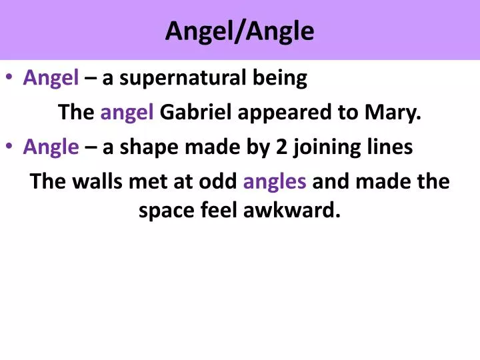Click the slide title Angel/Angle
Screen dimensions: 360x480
pos(239,31)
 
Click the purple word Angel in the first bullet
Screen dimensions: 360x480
pos(51,79)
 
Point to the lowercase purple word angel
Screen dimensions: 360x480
pos(127,113)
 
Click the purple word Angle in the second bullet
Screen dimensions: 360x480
pos(51,147)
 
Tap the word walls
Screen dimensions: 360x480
pos(94,181)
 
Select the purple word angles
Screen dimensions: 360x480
pos(275,181)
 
